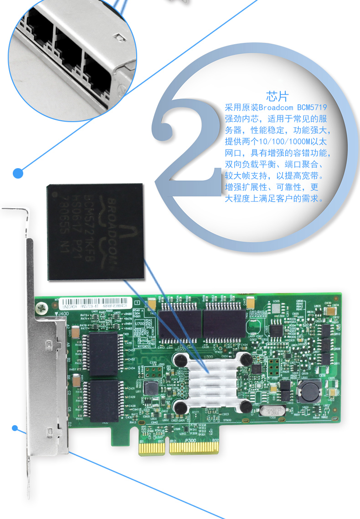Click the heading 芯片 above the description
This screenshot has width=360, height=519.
pos(278,96)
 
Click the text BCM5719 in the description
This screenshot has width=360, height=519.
pos(312,108)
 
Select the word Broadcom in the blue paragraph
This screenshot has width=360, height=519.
pos(277,108)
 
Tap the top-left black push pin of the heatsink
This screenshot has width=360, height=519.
pos(181,359)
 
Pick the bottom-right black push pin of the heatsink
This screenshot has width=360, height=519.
pos(246,407)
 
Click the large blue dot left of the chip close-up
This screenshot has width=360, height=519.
pos(18,173)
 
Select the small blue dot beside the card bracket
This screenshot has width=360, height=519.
pos(15,428)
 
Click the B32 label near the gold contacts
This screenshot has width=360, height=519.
pos(216,440)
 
